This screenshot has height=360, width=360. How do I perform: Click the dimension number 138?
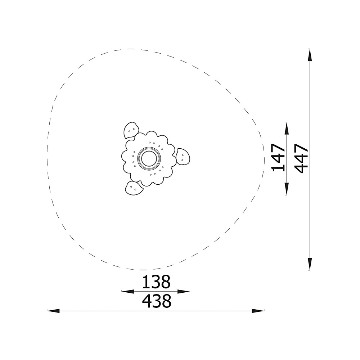click(x=156, y=282)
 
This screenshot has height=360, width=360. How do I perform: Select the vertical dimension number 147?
click(x=278, y=158)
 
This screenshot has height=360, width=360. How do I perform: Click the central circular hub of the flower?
click(x=149, y=159)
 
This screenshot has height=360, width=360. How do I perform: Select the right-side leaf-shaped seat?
click(x=183, y=157)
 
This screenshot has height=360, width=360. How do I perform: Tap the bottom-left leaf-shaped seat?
click(x=134, y=188)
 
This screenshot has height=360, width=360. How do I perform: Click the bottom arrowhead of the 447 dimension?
click(x=310, y=264)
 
